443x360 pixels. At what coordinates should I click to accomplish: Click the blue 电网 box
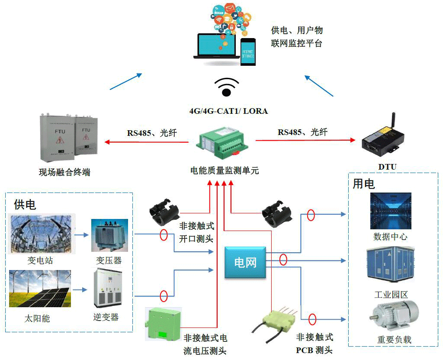pyautogui.click(x=245, y=262)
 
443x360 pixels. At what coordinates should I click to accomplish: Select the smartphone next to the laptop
pyautogui.click(x=248, y=51)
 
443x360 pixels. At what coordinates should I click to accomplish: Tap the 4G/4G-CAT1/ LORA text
pyautogui.click(x=228, y=111)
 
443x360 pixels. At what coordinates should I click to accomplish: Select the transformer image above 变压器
pyautogui.click(x=109, y=235)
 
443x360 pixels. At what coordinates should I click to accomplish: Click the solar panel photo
pyautogui.click(x=40, y=289)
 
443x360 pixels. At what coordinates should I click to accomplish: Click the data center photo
pyautogui.click(x=390, y=211)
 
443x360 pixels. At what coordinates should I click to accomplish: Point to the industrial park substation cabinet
pyautogui.click(x=390, y=266)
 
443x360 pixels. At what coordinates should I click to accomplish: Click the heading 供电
pyautogui.click(x=25, y=204)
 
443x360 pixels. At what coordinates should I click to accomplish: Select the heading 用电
pyautogui.click(x=363, y=183)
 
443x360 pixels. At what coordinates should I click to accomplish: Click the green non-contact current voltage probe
pyautogui.click(x=164, y=323)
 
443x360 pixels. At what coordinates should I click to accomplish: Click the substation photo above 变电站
pyautogui.click(x=42, y=234)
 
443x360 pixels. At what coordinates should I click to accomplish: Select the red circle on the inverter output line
pyautogui.click(x=164, y=296)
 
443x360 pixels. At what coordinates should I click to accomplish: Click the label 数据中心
pyautogui.click(x=390, y=237)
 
